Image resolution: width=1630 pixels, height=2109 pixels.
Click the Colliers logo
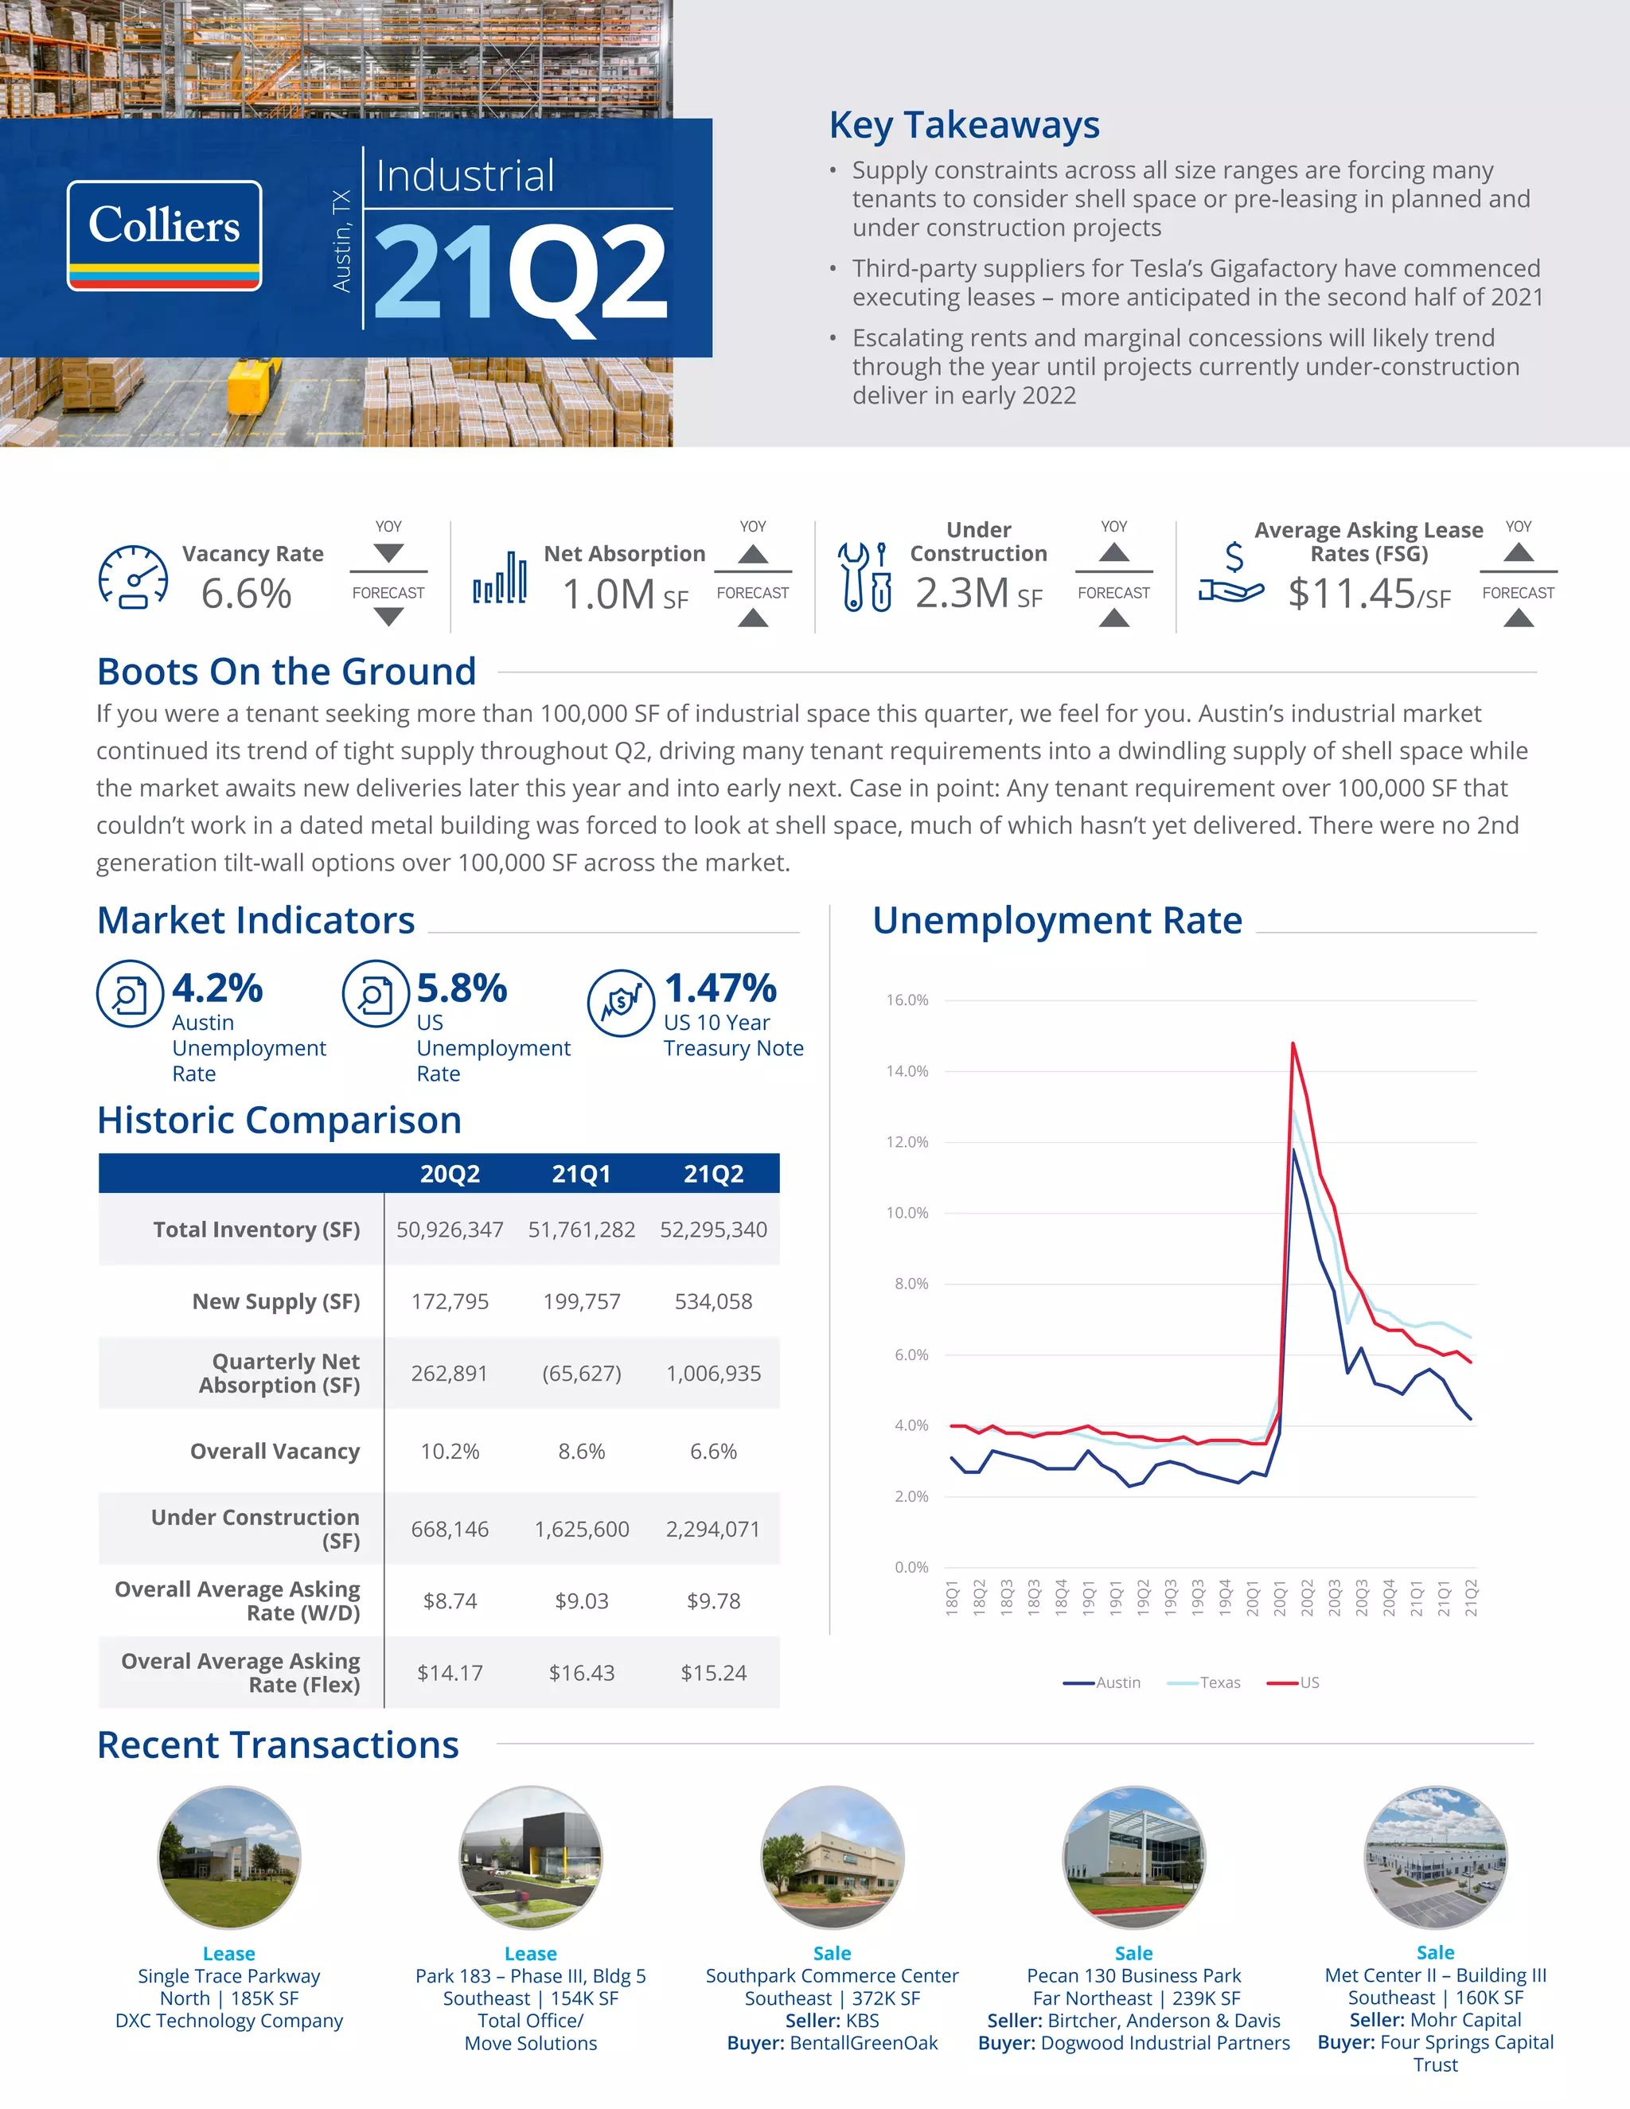pos(164,235)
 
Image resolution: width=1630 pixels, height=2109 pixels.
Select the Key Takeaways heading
pos(963,126)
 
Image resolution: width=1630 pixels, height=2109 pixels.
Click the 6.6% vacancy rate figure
pos(246,593)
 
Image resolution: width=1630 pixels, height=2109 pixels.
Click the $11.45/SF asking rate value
pos(1368,593)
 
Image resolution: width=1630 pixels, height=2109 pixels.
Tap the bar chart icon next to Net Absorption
pos(500,579)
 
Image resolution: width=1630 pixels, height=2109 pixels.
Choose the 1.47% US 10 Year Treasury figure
pos(720,988)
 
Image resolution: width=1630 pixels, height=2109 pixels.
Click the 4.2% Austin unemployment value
pos(217,988)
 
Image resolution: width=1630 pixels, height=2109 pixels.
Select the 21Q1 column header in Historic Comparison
pos(581,1173)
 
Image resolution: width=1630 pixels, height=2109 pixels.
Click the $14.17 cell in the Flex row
pos(450,1673)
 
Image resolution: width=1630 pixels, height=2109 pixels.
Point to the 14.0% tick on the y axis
pos(907,1071)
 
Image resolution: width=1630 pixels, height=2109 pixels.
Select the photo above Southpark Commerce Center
pos(832,1856)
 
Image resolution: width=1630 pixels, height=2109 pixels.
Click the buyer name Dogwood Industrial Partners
pos(1164,2042)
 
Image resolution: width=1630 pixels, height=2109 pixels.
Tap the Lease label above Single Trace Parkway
pos(229,1954)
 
